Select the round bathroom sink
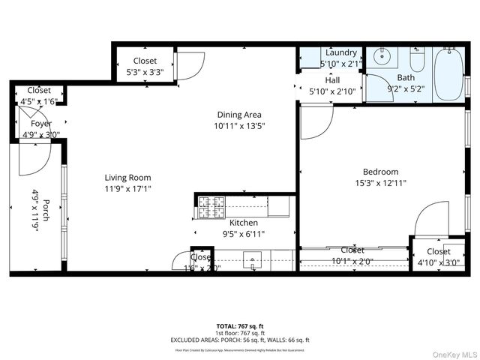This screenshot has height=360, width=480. coord(382,55)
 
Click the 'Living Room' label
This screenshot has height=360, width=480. coord(127,178)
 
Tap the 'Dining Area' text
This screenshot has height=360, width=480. coord(241,115)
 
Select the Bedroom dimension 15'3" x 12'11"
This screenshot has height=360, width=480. coord(380,182)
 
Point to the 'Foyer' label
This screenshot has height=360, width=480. coord(41,124)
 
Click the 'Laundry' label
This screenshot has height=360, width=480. coord(341,52)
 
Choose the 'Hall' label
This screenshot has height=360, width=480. coord(334,80)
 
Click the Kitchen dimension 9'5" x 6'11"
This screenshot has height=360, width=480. coord(244,234)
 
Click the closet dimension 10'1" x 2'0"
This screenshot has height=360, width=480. coord(352,261)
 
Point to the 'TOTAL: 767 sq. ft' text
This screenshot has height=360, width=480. coord(240,326)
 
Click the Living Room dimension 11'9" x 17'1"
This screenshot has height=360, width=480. coord(127,189)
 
